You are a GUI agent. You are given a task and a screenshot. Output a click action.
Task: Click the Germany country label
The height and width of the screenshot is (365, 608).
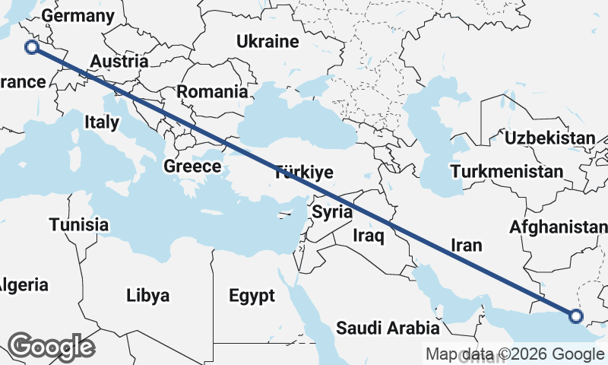coord(78,16)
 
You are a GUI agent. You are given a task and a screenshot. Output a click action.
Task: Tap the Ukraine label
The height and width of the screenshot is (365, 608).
coord(267,41)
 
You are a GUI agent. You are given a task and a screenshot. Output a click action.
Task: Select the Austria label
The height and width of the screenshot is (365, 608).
coord(119,62)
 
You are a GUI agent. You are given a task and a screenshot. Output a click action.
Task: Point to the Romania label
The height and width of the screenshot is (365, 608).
coord(212,92)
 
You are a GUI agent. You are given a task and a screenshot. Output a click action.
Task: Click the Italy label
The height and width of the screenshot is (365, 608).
coord(102,122)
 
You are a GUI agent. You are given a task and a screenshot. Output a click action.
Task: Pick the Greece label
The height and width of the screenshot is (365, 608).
coord(193,167)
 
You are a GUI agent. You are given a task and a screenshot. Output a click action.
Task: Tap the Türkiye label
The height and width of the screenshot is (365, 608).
coord(304,172)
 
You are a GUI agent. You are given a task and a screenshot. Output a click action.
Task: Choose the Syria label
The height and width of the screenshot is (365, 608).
coord(332,211)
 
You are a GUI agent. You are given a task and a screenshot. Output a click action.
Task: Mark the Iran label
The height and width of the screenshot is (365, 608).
coord(467,245)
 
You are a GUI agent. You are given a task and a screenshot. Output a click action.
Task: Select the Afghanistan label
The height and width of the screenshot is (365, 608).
coord(559,227)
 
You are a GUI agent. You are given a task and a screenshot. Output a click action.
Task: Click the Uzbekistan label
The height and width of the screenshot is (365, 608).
coord(549,138)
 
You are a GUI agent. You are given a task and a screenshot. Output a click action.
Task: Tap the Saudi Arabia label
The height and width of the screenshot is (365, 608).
coord(388,328)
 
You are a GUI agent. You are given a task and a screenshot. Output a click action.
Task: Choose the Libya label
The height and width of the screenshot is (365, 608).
coord(148,295)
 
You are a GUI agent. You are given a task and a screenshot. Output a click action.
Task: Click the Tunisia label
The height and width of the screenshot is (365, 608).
coord(79,225)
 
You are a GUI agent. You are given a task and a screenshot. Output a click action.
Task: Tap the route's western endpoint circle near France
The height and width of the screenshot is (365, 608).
coord(32,48)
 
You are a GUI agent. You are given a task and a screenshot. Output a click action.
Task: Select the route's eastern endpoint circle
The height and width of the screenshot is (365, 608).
coord(575,316)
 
